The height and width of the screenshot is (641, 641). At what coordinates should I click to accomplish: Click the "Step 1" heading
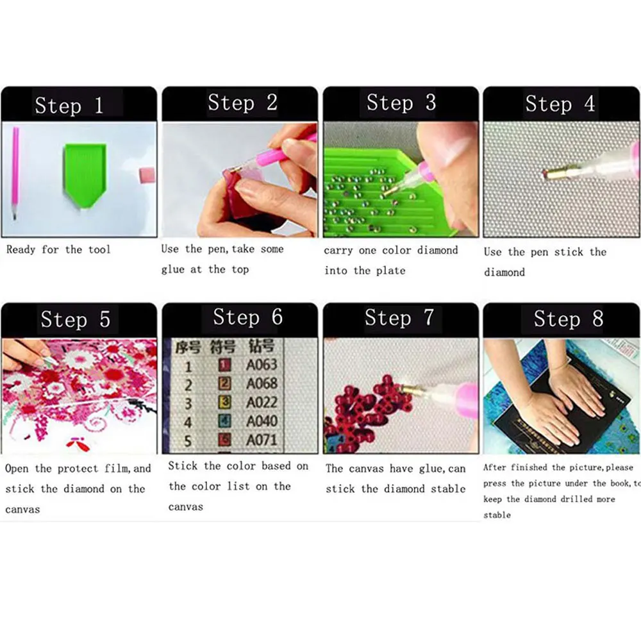(x=69, y=105)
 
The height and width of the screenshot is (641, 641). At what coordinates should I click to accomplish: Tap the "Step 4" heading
(x=560, y=104)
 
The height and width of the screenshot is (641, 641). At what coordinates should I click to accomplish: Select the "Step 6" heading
(x=247, y=317)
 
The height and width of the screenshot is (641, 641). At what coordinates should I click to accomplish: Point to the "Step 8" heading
(x=568, y=319)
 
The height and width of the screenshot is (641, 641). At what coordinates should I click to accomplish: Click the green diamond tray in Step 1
(x=83, y=173)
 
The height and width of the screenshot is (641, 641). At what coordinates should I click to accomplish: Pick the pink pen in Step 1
(x=15, y=173)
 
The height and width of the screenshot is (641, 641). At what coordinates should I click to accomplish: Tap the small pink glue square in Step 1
(x=147, y=175)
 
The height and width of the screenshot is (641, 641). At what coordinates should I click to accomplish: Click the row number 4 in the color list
(x=188, y=422)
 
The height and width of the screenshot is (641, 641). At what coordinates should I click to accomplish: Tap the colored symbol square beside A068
(x=226, y=384)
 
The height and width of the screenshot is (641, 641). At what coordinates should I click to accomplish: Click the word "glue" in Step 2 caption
(x=172, y=270)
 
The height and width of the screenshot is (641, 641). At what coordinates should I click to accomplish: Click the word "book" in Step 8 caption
(x=619, y=483)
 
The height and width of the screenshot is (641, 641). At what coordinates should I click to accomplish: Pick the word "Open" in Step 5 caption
(x=17, y=469)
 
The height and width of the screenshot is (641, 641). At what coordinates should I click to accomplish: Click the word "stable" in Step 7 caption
(x=448, y=489)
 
